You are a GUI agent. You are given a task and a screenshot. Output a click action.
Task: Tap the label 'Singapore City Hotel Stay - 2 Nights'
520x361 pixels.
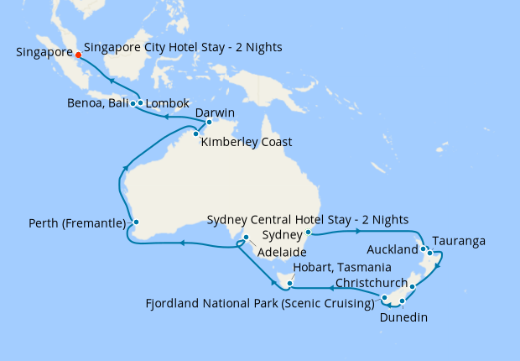pos(183,48)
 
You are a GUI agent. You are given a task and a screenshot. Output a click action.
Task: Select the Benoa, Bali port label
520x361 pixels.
pos(99,105)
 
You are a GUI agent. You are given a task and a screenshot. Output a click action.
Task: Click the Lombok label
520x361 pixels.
pos(169,105)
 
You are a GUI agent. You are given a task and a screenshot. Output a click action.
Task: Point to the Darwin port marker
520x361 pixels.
pos(210,123)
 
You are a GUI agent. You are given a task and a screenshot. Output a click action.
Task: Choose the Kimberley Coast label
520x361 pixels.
pos(247,142)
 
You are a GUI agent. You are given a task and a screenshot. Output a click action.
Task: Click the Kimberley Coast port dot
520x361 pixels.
pos(195,133)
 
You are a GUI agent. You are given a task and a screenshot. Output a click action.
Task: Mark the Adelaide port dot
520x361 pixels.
pos(246,238)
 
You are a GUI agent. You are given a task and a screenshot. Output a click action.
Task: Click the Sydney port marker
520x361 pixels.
pos(309,233)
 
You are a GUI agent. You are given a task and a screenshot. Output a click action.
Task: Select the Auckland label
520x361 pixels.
pos(393,250)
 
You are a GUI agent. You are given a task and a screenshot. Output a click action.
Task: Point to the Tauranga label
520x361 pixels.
pos(460,241)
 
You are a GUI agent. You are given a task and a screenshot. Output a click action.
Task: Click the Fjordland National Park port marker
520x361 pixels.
pos(384,298)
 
